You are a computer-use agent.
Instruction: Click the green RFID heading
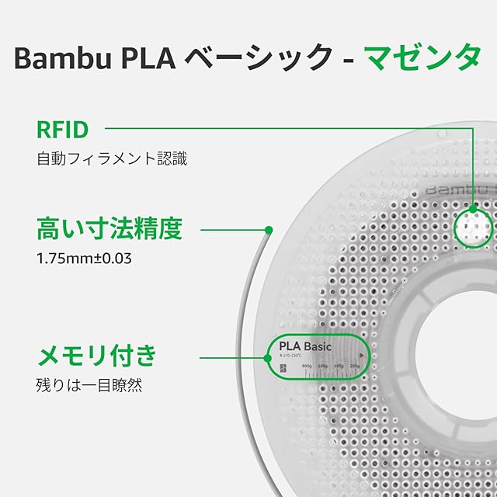63,128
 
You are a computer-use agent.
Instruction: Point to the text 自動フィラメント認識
112,159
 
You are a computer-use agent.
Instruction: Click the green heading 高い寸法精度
109,229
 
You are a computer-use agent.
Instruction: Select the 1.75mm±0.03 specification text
85,257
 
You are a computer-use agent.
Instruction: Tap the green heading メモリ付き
97,356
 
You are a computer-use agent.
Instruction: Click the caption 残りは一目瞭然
89,384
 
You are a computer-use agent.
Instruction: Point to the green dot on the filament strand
269,230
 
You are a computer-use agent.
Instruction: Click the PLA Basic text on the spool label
305,346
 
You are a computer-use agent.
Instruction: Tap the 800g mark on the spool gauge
307,366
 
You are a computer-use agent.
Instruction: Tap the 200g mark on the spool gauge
355,366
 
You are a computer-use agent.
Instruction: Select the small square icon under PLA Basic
283,368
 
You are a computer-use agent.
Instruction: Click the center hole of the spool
458,342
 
